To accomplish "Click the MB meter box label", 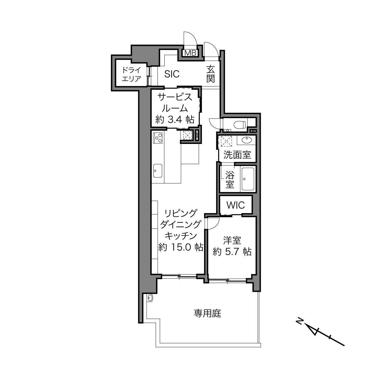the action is tap(190, 53).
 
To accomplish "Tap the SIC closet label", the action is tap(172, 74).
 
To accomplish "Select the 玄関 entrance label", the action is tap(211, 74).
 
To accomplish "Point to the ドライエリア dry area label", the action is tap(131, 74).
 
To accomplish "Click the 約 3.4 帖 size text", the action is tap(175, 120).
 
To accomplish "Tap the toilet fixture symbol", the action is tap(240, 124).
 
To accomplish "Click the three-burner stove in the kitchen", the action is tap(158, 138).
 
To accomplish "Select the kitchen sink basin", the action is tap(158, 171).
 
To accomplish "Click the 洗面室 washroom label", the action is tap(237, 155).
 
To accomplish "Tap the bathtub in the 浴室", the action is tap(248, 179).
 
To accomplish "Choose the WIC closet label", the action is tap(236, 205).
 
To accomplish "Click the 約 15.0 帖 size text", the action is tap(181, 247).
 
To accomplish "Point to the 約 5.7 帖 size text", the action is tap(232, 252).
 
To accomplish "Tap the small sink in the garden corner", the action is tap(150, 298).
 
